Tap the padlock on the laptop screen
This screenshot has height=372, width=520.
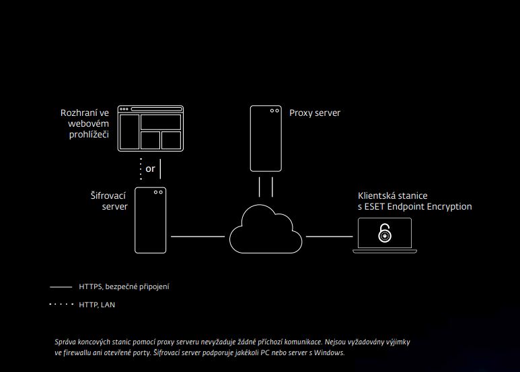[385, 233]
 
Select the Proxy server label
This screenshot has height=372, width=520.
[315, 113]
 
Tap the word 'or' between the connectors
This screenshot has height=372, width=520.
[150, 168]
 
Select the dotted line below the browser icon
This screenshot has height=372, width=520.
[141, 169]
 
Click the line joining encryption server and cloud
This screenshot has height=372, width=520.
[198, 237]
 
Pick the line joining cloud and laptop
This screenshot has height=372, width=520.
[330, 237]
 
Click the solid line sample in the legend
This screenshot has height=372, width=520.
[61, 286]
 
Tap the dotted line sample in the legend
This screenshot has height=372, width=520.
[61, 304]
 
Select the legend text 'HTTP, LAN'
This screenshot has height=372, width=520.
[97, 305]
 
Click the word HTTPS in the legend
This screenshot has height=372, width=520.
[91, 286]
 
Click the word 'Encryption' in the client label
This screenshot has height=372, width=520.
[449, 207]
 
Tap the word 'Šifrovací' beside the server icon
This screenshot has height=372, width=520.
[108, 195]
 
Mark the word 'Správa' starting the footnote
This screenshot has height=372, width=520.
[65, 342]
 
